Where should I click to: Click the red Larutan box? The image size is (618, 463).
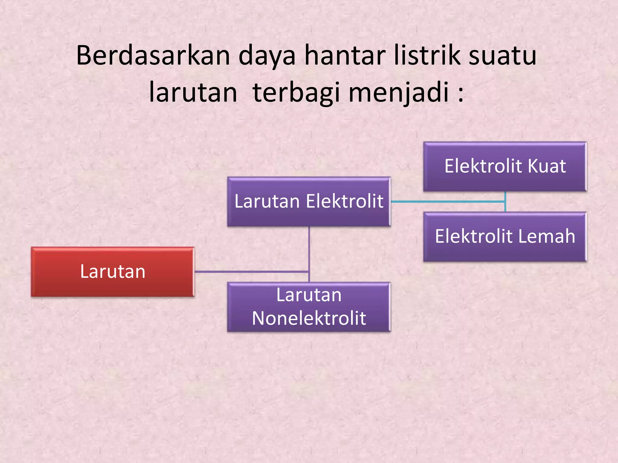[113, 272]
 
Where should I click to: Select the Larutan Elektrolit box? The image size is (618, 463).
[309, 201]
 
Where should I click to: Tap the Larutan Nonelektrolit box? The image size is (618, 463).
[309, 307]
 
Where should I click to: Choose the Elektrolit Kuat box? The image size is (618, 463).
[505, 166]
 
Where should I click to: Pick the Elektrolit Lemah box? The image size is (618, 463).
[505, 236]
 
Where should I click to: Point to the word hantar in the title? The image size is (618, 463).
[345, 55]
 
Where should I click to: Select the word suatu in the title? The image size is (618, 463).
[502, 56]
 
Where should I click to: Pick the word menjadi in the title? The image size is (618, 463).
[398, 93]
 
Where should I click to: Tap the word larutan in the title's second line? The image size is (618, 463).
[193, 93]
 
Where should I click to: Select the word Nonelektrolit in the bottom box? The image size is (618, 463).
[309, 318]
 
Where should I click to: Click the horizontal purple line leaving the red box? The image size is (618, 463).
[250, 272]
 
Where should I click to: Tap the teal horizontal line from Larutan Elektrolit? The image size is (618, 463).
[447, 202]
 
